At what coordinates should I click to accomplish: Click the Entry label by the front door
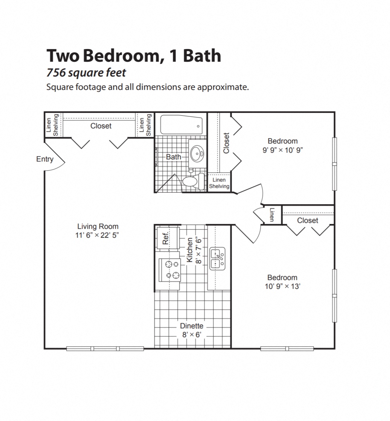click(x=45, y=159)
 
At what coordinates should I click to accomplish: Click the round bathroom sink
click(x=196, y=154)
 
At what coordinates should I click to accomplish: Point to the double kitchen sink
click(x=218, y=259)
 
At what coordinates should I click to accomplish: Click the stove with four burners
click(x=170, y=270)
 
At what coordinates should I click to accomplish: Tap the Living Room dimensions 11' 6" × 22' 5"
click(x=97, y=236)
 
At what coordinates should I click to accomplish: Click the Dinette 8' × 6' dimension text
click(x=191, y=334)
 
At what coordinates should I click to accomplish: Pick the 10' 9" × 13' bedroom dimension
click(x=282, y=286)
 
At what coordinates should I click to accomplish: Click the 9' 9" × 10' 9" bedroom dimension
click(x=282, y=150)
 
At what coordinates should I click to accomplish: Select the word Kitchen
click(x=189, y=250)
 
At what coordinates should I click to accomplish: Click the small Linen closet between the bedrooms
click(x=272, y=214)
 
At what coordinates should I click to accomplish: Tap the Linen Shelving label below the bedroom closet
click(x=219, y=183)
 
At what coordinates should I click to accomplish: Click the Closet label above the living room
click(x=101, y=126)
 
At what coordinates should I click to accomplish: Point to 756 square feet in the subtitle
click(x=86, y=73)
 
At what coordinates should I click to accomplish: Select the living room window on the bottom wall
click(x=105, y=349)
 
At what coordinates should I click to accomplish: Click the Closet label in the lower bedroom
click(x=307, y=220)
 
